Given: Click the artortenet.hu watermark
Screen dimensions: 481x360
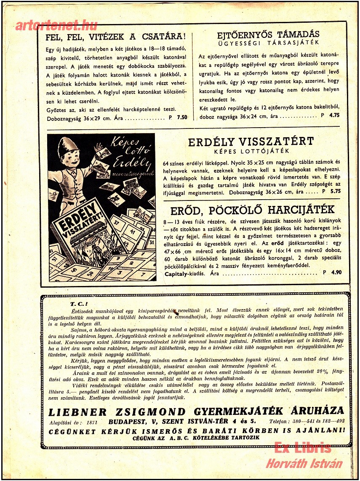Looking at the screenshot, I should pyautogui.click(x=56, y=25).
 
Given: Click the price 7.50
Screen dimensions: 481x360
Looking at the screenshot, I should pyautogui.click(x=182, y=118).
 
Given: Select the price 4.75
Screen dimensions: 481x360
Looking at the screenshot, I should pyautogui.click(x=334, y=115).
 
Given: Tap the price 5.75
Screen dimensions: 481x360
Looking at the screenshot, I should pyautogui.click(x=336, y=192).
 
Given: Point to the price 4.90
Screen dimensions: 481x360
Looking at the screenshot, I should pyautogui.click(x=336, y=273).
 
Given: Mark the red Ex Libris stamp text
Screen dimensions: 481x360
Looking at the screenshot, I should pyautogui.click(x=302, y=447).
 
